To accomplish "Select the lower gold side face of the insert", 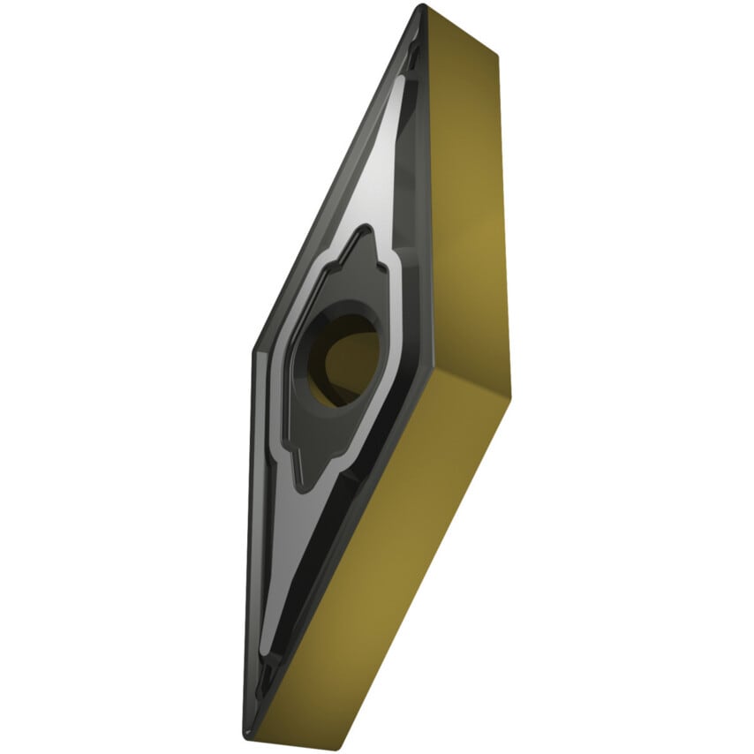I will click(388, 565).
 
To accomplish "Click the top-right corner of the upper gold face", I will click(497, 57).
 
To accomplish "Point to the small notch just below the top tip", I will click(415, 53).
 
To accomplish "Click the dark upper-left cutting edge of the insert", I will click(336, 177).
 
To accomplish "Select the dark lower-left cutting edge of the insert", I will click(249, 530).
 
